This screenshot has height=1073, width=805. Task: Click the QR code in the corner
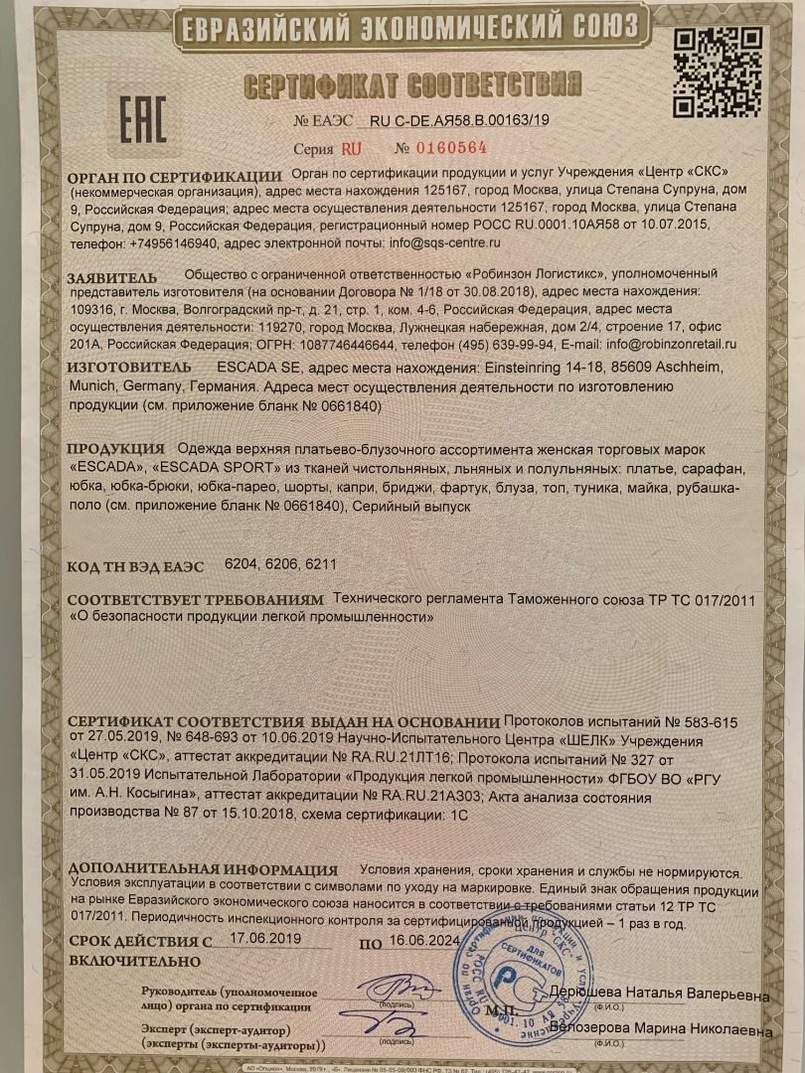click(718, 72)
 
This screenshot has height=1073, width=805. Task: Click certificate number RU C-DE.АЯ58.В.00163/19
click(458, 120)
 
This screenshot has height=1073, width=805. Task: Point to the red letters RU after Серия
click(351, 149)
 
